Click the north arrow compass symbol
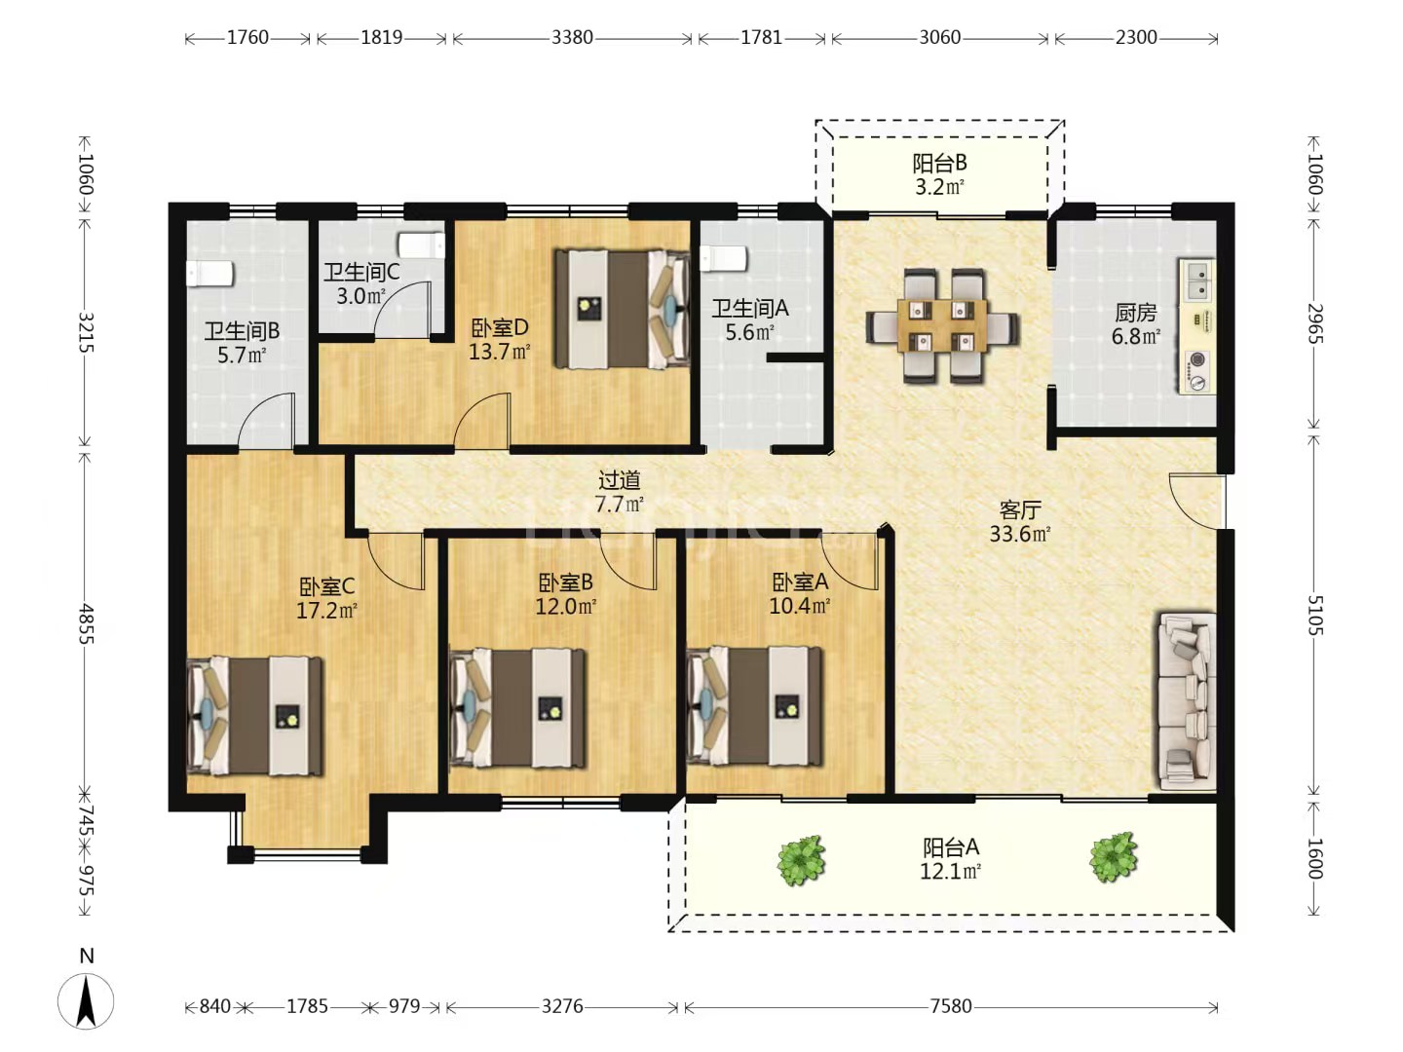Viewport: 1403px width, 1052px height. coord(86,1000)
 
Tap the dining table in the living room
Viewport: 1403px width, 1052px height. coord(942,325)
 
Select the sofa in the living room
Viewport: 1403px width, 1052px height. coord(1186,700)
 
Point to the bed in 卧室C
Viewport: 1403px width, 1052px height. coord(255,716)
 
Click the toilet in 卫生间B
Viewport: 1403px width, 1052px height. coord(209,274)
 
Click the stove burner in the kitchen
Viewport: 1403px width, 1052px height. coord(1197,361)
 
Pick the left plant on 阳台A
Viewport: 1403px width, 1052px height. coord(801,859)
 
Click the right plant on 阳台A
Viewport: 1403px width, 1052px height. coord(1113,857)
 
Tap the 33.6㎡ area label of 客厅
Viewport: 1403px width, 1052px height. coord(1019,534)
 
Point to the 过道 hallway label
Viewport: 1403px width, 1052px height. coord(619,479)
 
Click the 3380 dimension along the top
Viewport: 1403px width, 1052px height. coord(572,38)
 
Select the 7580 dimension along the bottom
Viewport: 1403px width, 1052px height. coord(950,1006)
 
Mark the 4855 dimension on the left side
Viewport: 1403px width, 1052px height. coord(86,623)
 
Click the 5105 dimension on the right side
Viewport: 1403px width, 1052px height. coord(1314,616)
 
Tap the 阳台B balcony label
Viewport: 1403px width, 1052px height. coord(939,163)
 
